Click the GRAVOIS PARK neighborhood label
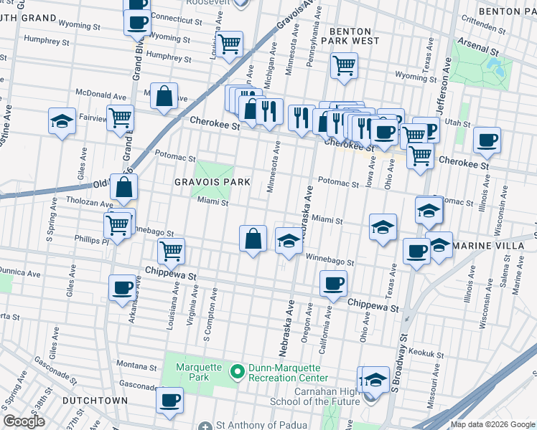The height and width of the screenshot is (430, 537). [213, 182]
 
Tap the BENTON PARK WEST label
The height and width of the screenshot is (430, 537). [350, 37]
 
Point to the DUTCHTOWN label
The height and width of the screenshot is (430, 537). [95, 401]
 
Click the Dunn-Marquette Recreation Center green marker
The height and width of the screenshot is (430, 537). [238, 372]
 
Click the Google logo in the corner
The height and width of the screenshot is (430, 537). [24, 421]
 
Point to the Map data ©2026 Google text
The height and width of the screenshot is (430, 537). [492, 424]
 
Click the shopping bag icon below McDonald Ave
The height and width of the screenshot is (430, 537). [164, 97]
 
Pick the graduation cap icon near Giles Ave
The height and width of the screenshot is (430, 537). [62, 120]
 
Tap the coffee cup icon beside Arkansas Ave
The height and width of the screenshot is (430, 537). [121, 288]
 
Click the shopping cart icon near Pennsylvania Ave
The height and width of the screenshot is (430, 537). [344, 65]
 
